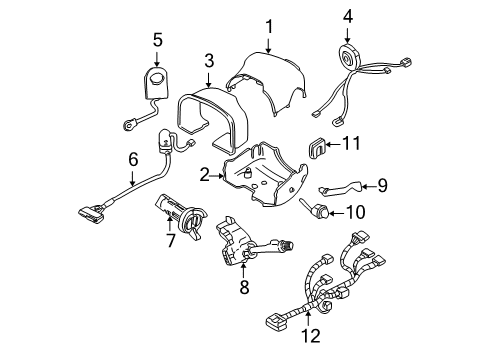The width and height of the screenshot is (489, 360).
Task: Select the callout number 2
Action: pos(203,174)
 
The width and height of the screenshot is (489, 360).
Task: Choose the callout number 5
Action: pos(157,40)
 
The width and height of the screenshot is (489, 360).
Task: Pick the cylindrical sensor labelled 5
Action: pos(156,79)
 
